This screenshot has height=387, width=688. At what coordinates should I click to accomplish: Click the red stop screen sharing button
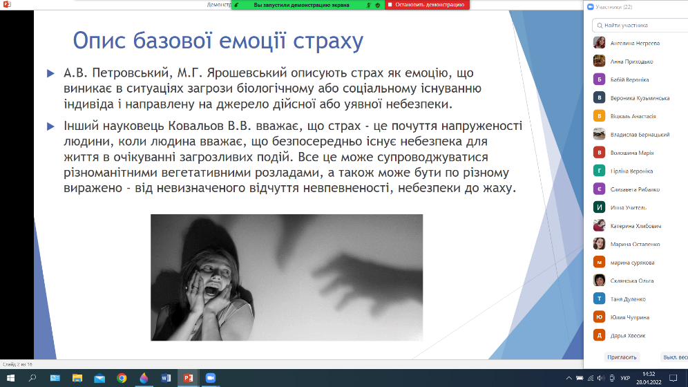point(427,5)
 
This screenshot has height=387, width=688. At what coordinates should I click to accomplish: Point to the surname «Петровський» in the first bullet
point(131,73)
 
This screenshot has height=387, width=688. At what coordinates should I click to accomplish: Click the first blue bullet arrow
point(50,73)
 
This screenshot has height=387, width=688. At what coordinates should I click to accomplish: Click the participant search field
point(640,26)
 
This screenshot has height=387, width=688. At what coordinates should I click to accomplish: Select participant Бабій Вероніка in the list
point(629,80)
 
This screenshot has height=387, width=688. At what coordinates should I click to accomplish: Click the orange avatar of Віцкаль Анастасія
point(599,116)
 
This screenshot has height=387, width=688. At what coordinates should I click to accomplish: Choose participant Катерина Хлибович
point(636,226)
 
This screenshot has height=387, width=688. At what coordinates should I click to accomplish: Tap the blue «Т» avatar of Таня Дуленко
point(599,299)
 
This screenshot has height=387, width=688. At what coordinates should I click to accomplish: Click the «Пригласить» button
point(622,357)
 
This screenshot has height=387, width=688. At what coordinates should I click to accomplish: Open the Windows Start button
point(10,378)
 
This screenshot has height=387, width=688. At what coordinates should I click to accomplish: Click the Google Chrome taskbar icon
point(122,378)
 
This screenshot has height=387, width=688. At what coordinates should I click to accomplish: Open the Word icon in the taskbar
point(166,378)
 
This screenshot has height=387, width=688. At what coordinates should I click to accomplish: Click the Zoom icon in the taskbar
point(211,378)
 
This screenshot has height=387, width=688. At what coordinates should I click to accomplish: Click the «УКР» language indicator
point(625,378)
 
